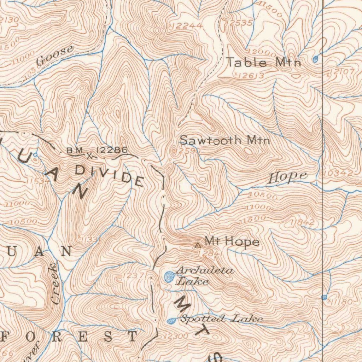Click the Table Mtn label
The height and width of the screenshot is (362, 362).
pos(263,63)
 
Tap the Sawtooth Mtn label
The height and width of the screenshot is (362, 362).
pos(225,140)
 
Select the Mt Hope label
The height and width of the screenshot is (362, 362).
pos(232,242)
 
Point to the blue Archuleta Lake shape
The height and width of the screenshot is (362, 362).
pos(170,276)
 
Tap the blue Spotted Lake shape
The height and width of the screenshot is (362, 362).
pos(171,321)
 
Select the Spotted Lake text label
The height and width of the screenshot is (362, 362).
pos(221,319)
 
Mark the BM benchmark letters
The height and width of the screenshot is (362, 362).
pos(75,151)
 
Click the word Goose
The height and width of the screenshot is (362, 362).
pos(55,56)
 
